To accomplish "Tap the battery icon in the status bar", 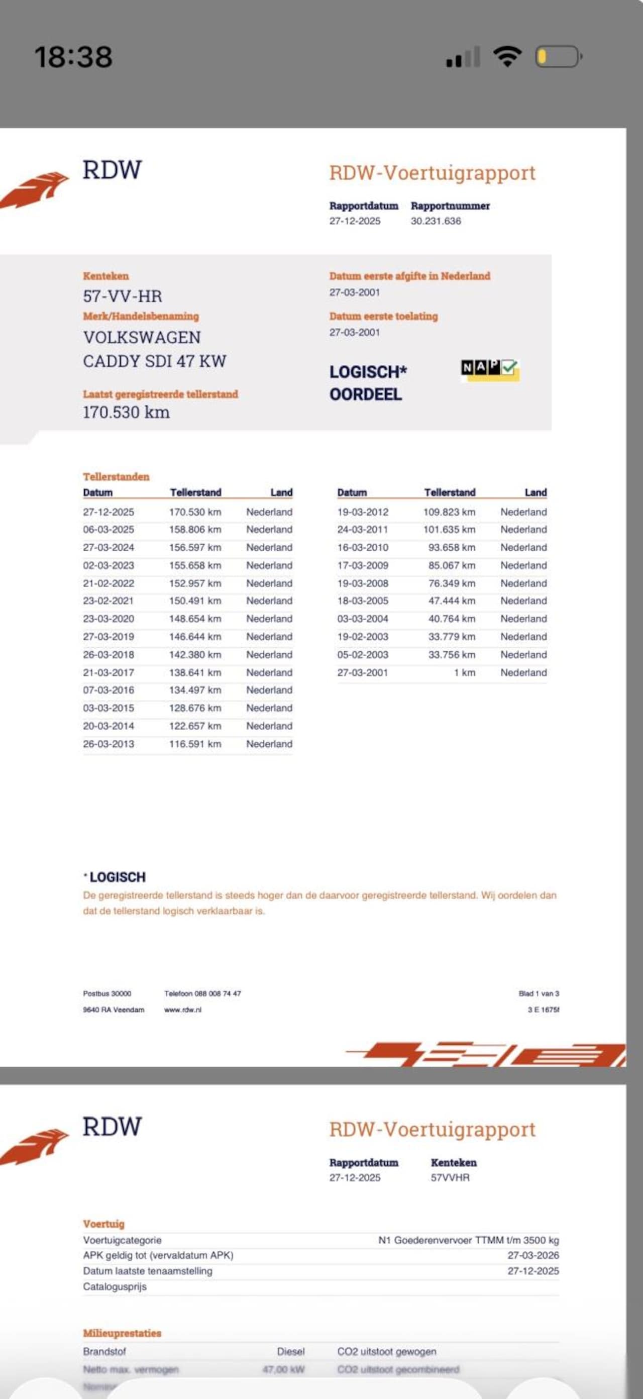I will coord(558,56).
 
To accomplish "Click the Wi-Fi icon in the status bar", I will coord(507,56).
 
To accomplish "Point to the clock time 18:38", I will coord(73,57).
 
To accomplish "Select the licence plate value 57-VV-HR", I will coord(122,296).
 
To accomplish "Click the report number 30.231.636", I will coord(436,221).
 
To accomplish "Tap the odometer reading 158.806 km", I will coord(195,530).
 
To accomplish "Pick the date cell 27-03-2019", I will coord(109,637).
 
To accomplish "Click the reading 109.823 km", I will coord(449,512).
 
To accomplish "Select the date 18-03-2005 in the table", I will coord(363,601).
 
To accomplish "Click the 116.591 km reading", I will coord(195,744).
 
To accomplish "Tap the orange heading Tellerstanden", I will coord(116,477).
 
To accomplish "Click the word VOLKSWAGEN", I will coord(142,337).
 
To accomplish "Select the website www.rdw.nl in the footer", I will coord(183,1010).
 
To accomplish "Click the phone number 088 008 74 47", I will coord(217,993).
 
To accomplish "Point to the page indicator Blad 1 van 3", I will coord(539,993).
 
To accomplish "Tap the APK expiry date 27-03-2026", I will coord(533,1255).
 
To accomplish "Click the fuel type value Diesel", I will coord(290,1351).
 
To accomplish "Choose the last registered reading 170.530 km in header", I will coord(126,412).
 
